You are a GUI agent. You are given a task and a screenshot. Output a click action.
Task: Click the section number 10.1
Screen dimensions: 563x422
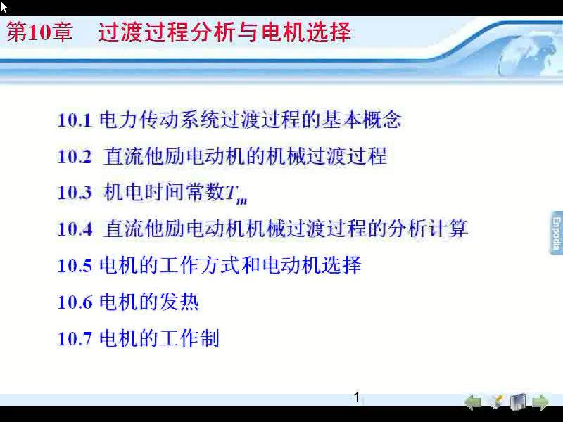click(74, 120)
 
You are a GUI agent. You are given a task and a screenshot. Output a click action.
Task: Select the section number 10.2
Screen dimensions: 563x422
click(75, 156)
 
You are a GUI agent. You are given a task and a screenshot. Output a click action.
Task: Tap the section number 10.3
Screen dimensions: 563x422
click(75, 193)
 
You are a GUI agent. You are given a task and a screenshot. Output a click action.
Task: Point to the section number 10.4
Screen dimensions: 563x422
click(75, 229)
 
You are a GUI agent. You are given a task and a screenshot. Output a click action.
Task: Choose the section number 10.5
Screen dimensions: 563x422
click(75, 266)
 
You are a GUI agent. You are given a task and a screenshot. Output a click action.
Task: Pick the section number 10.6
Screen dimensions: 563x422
click(75, 302)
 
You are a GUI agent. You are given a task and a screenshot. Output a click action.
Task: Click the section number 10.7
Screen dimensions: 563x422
click(75, 339)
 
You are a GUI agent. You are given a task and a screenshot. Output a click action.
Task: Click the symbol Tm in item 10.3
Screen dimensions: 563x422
click(236, 194)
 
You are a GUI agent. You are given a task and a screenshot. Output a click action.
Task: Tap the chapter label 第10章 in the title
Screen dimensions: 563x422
click(39, 32)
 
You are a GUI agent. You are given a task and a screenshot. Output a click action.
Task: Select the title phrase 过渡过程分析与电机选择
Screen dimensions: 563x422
click(224, 32)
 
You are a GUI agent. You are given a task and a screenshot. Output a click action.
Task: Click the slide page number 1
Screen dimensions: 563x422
click(357, 397)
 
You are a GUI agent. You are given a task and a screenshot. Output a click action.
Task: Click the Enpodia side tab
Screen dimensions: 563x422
click(556, 233)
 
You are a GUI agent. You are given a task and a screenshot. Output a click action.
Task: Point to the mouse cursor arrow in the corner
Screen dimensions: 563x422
click(4, 6)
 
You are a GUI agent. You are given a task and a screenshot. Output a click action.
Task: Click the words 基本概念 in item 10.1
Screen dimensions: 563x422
click(361, 120)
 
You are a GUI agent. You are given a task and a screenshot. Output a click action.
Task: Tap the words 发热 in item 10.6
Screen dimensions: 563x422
click(179, 302)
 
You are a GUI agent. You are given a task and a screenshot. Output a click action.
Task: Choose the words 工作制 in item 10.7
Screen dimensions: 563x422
click(189, 338)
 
